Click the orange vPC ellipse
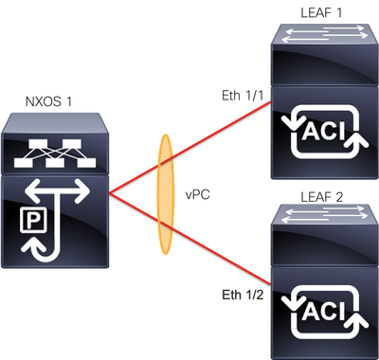(x=166, y=193)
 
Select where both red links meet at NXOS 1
(x=111, y=193)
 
